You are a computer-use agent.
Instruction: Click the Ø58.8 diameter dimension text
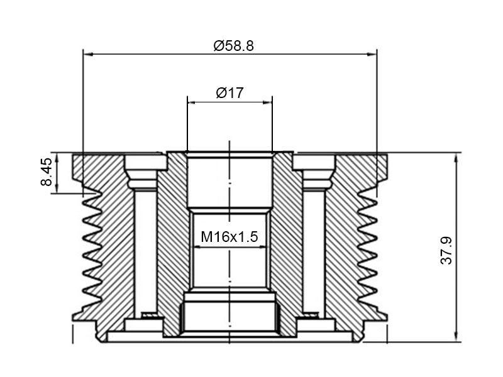point(233,46)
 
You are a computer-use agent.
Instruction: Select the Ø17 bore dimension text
point(229,93)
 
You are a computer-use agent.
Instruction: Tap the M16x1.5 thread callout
point(229,238)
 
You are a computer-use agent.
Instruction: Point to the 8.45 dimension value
point(47,172)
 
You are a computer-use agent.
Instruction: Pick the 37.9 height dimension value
point(446,250)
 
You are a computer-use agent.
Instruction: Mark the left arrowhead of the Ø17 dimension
point(192,102)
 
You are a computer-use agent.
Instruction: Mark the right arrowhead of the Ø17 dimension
point(268,102)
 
